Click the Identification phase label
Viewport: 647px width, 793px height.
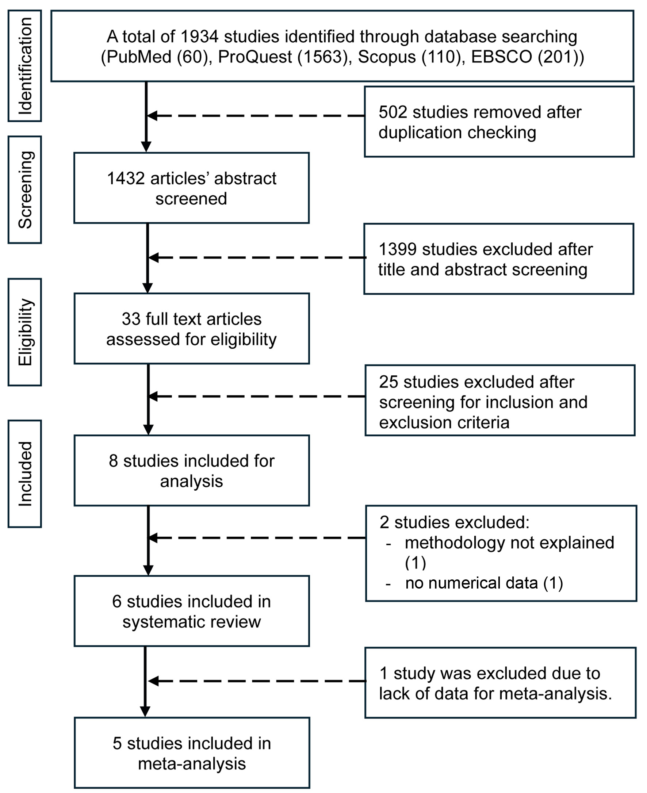coord(25,66)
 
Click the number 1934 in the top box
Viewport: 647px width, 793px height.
coord(199,37)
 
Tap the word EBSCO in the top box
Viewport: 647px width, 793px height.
coord(502,57)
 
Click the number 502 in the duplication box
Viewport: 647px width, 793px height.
coord(393,112)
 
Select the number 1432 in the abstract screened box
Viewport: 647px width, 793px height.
coord(126,179)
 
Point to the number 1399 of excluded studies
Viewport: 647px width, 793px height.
coord(398,249)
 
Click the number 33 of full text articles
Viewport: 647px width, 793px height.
coord(131,319)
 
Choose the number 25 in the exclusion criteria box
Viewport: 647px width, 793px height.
coord(389,382)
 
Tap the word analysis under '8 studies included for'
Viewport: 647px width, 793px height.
coord(192,481)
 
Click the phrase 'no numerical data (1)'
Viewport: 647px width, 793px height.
coord(484,583)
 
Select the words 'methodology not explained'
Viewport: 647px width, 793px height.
coord(509,543)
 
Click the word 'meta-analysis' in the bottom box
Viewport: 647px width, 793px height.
coord(192,763)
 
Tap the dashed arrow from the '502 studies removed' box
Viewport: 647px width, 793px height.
coord(256,116)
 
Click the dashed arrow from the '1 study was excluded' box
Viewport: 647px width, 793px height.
coord(257,681)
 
